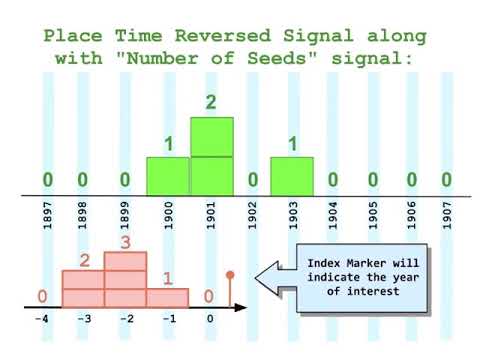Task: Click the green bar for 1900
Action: tap(168, 175)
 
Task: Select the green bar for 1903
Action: tap(292, 175)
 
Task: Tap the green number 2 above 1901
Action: tap(211, 101)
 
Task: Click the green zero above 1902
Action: tap(252, 180)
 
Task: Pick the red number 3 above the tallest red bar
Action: tap(125, 242)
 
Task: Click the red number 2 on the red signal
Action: tap(85, 261)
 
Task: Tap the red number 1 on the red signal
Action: tap(167, 278)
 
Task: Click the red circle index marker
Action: tap(230, 274)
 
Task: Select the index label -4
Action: tap(41, 320)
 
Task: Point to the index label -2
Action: tap(124, 320)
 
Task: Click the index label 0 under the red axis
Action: tap(209, 320)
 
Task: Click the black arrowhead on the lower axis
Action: tap(241, 305)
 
